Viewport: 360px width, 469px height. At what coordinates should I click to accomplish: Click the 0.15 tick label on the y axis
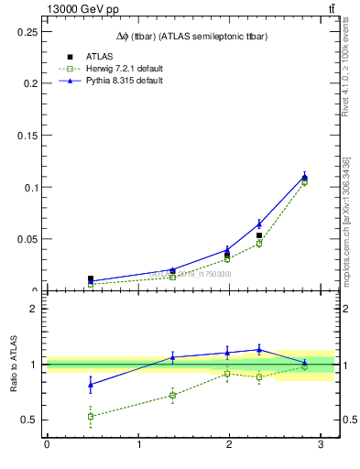click(x=30, y=136)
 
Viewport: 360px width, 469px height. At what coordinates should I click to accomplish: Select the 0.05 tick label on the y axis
click(x=30, y=239)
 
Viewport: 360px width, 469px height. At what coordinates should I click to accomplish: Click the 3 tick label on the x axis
click(x=320, y=445)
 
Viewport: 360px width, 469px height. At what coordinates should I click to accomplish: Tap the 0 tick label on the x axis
click(x=47, y=445)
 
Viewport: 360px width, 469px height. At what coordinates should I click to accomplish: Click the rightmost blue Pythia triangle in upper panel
click(x=304, y=177)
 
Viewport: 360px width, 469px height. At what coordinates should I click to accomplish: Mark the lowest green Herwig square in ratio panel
click(x=90, y=417)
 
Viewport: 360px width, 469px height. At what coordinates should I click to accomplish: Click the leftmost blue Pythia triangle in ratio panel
click(x=90, y=385)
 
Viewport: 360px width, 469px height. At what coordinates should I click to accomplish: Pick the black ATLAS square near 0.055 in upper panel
click(x=259, y=235)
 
